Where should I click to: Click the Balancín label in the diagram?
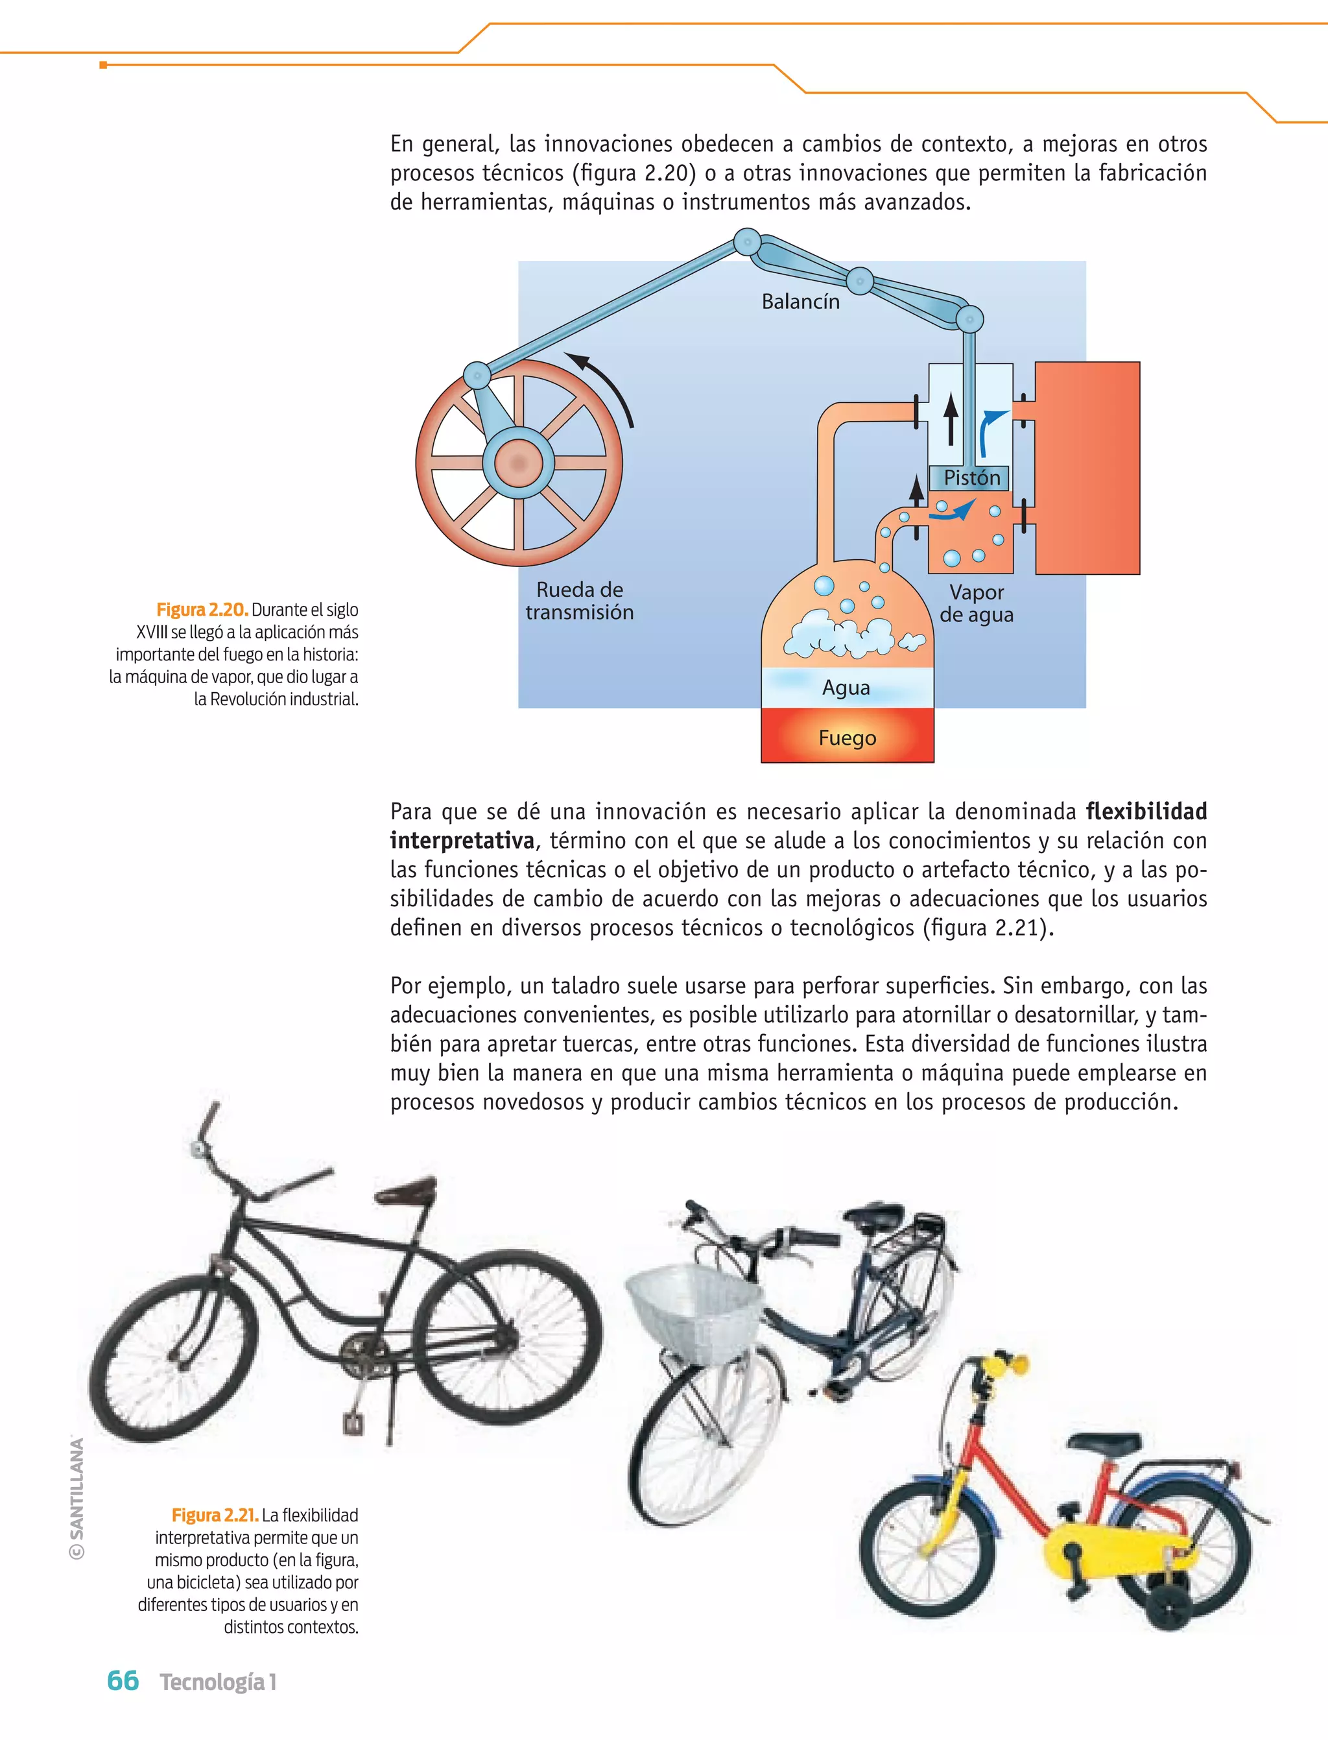coord(800,301)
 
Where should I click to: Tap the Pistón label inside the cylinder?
coord(971,477)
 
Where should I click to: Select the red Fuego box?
coord(848,736)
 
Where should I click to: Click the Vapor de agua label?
coord(977,603)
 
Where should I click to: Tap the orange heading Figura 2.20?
coord(202,610)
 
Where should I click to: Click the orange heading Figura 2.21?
coord(214,1516)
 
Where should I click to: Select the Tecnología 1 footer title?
coord(218,1682)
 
